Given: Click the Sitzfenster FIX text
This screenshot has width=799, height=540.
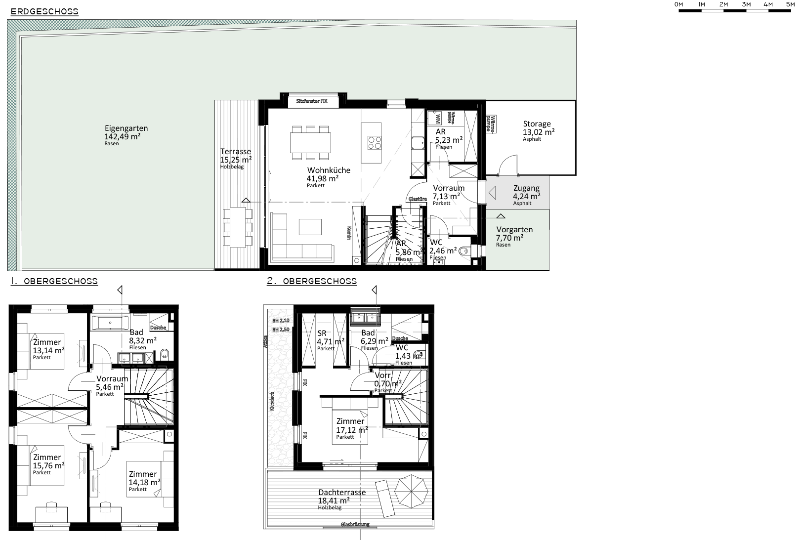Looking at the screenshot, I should point(311,101).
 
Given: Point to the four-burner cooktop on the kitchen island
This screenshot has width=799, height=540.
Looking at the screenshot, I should point(375,142).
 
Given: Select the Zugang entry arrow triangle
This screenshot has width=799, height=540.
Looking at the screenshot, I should point(492,192).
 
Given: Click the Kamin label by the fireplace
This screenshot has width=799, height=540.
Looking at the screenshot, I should point(348,233).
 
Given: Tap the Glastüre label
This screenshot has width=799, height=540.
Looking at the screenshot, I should point(418,199).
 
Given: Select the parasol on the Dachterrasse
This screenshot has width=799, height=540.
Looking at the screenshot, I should point(411,489).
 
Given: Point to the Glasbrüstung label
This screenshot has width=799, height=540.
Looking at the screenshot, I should point(355,524).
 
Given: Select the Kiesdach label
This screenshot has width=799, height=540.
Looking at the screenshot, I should point(271,401).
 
